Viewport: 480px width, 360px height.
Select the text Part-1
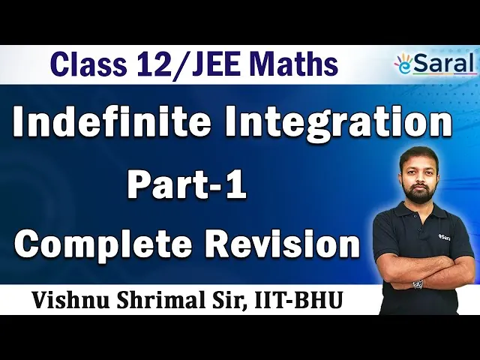pyautogui.click(x=187, y=185)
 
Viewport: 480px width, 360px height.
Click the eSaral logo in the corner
pyautogui.click(x=436, y=64)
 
